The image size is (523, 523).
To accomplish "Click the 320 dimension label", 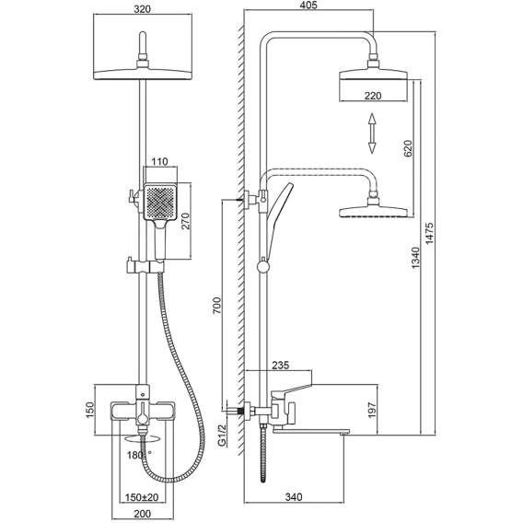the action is pos(143,8).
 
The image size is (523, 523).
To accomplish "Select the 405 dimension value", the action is pos(308,5).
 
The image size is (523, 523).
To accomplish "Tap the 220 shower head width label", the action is pos(373,96).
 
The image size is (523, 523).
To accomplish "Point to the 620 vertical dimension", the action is pos(408,148).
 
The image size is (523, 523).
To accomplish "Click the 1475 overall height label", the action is pos(430,234).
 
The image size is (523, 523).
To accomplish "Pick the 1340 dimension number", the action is pos(415,258).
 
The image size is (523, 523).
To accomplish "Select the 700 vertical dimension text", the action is pos(217,305).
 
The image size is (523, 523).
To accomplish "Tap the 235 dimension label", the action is pos(281,366).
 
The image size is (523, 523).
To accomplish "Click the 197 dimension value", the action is pos(372,410).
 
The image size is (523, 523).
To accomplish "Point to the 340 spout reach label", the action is pos(294,496).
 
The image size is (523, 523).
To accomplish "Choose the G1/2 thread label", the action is pos(222,436).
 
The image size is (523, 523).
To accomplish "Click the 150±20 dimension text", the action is pos(142,497).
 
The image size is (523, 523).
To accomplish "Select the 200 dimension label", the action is pos(143,514).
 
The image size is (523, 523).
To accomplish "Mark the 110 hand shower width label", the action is pos(159,162).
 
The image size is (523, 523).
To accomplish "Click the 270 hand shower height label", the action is pos(185,221).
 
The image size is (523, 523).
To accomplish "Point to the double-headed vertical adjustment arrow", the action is pos(372,134).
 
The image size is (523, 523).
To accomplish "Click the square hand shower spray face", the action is pos(160,202).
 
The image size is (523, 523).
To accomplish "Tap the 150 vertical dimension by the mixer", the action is pos(90,410).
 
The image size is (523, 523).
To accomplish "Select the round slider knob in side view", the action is pos(263,267).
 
